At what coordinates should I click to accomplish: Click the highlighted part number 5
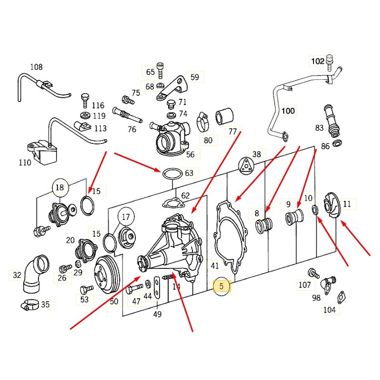point(221,286)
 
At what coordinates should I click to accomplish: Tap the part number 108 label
point(37,67)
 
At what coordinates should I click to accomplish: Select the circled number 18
point(59,188)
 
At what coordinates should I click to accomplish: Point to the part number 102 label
point(317,61)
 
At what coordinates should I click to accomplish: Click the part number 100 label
point(288,111)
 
